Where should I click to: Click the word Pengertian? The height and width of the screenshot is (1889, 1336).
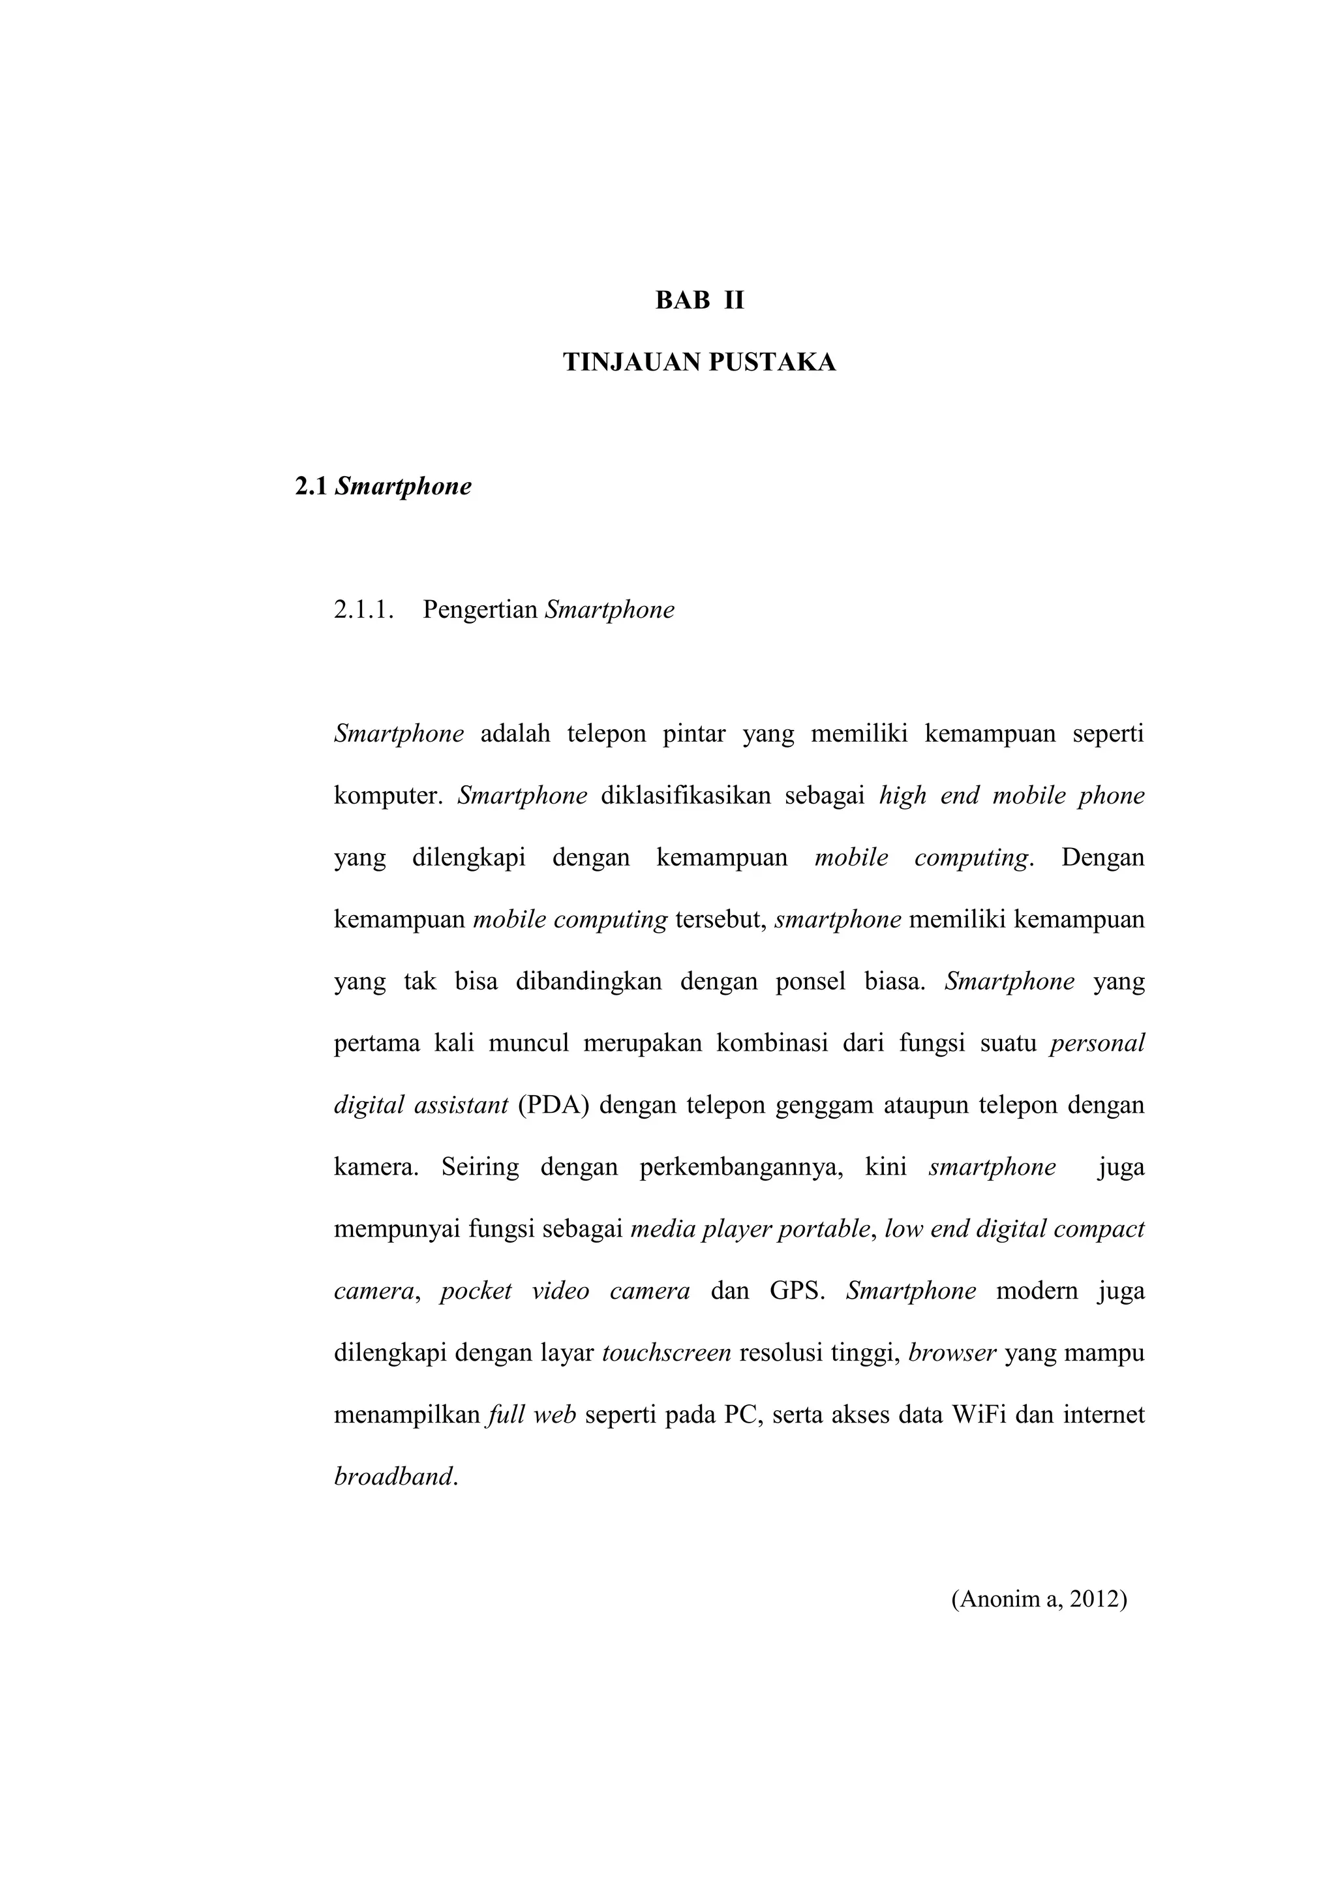(480, 611)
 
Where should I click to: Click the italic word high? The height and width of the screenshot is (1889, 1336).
(902, 796)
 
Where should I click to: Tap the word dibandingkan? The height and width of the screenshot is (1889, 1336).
(588, 982)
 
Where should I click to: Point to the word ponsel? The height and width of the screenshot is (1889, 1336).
(810, 982)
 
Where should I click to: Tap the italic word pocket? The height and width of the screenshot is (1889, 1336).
(476, 1291)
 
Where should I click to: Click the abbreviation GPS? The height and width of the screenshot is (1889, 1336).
(797, 1291)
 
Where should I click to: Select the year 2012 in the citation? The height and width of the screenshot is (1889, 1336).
(1099, 1599)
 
